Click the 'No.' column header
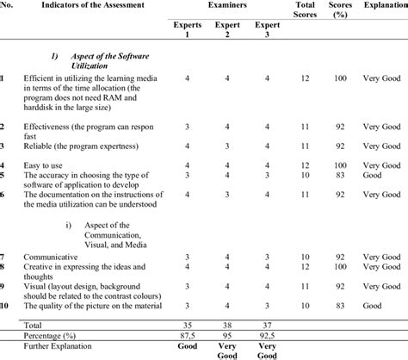point(6,6)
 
